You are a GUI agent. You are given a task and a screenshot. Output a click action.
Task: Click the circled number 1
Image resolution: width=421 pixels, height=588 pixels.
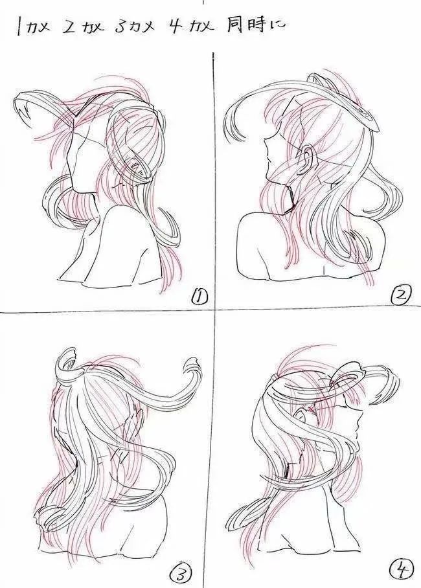coord(199,297)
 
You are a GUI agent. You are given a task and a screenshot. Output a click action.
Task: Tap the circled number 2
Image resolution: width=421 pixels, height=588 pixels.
coord(401,297)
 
